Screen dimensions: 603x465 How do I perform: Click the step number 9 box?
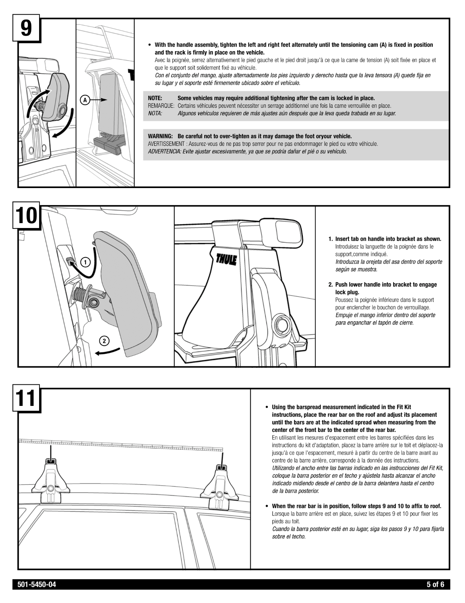[x=26, y=29]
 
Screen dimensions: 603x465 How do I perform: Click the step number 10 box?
[x=26, y=216]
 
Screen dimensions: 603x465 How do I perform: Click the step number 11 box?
[x=26, y=399]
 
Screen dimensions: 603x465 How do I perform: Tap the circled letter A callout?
[x=85, y=100]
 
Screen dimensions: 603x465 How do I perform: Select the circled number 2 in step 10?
[x=104, y=341]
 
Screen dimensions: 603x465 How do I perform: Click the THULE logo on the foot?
[x=226, y=259]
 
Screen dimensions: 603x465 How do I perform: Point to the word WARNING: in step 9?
[x=160, y=136]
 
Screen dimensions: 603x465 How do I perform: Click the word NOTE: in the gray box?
[x=155, y=98]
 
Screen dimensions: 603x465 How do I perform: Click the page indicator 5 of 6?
[x=435, y=585]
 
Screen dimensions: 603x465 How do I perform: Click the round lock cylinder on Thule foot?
[x=282, y=324]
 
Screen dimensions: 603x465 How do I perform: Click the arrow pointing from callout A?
[x=99, y=100]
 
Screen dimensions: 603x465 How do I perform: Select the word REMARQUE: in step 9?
[x=161, y=106]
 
